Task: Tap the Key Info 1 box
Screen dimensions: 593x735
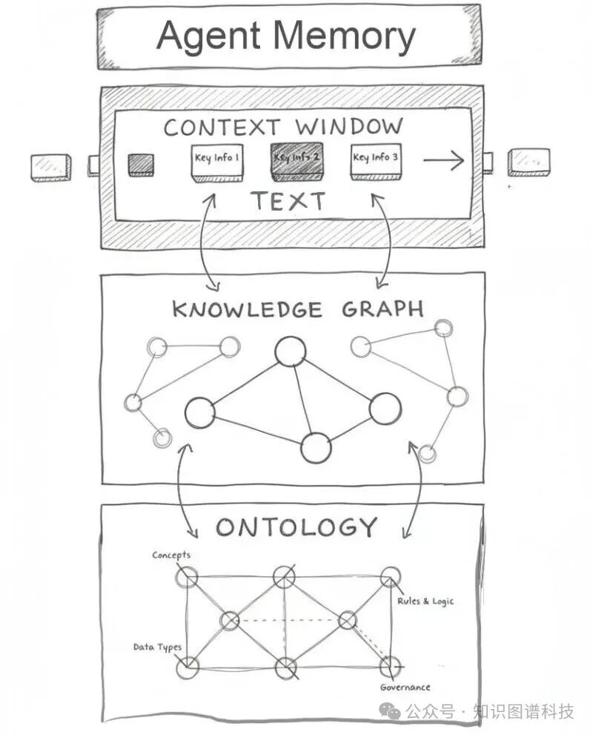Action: [x=216, y=161]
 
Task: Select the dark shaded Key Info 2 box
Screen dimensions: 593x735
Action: [x=296, y=159]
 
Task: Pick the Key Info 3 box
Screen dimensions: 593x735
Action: [x=376, y=160]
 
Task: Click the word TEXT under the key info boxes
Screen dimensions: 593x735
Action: [x=287, y=201]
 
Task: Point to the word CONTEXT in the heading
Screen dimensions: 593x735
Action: [x=223, y=127]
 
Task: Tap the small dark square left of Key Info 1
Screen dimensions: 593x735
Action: [x=141, y=165]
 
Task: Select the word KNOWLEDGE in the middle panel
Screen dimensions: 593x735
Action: [x=247, y=309]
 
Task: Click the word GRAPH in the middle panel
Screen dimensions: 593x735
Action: [x=382, y=309]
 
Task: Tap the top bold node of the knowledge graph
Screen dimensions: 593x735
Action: [x=290, y=352]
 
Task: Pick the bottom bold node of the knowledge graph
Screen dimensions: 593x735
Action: [x=316, y=447]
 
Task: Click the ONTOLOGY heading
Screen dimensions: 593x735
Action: [x=296, y=527]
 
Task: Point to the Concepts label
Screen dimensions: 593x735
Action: [x=171, y=555]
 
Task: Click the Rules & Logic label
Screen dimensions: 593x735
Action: [x=425, y=601]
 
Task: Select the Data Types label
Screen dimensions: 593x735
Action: [x=157, y=647]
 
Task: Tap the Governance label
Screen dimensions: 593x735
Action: [x=405, y=688]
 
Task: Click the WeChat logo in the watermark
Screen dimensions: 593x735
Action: [x=390, y=711]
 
